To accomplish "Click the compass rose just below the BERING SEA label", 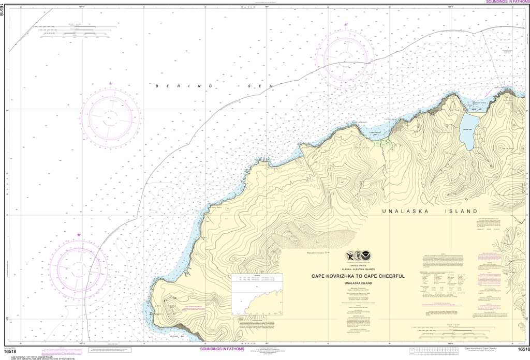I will (x=110, y=116).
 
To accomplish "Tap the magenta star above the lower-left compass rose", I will (x=79, y=235).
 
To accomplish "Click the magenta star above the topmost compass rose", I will (x=346, y=24).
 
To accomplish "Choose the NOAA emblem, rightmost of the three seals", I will (x=368, y=256).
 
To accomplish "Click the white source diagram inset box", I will (x=256, y=294).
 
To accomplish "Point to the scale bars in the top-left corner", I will (x=75, y=32).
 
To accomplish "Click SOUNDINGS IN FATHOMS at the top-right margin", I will (x=507, y=3).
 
